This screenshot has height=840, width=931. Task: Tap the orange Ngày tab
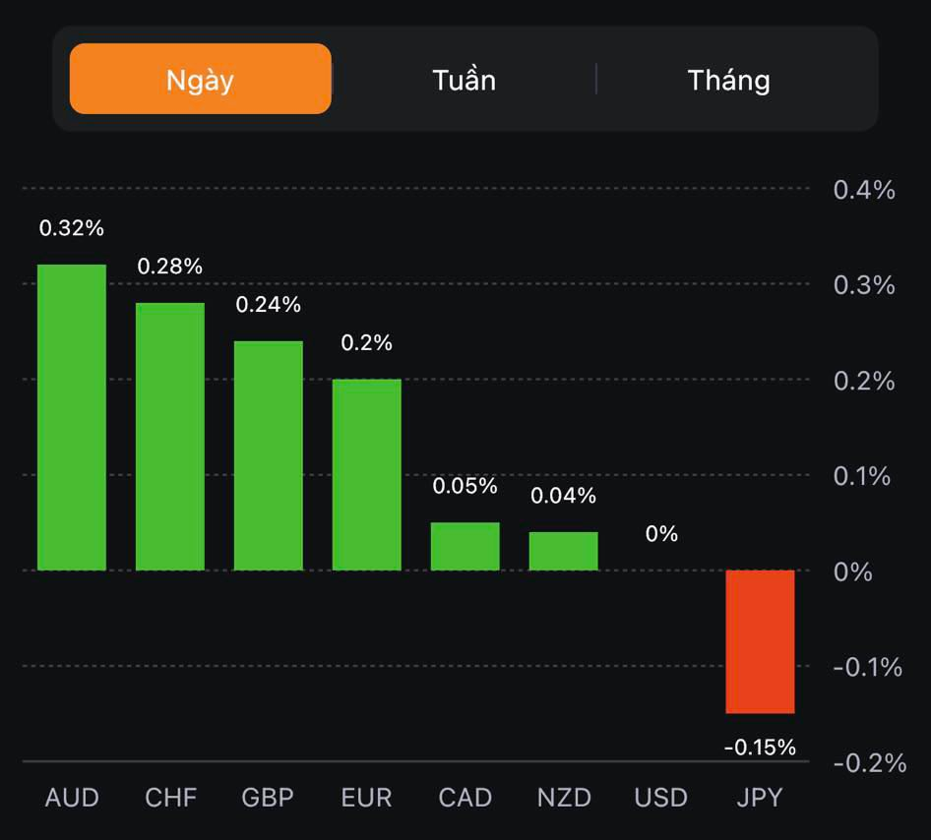200,80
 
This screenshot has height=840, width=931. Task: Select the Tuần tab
464,80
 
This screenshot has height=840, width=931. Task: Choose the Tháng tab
728,80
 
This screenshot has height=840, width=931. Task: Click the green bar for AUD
72,418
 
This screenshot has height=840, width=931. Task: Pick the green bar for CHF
170,437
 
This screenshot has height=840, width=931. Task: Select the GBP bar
268,455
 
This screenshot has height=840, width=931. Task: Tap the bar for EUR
366,475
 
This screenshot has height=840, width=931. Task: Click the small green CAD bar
465,546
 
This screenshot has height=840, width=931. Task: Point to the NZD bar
563,551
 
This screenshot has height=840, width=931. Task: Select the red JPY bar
760,641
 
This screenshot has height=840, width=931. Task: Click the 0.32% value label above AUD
71,228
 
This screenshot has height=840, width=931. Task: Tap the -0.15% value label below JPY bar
760,748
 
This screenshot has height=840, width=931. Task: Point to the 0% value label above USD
661,534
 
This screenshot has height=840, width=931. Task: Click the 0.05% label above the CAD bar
465,486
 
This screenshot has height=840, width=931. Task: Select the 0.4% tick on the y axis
864,190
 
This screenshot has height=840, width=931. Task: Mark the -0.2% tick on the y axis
869,762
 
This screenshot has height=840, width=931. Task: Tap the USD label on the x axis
661,797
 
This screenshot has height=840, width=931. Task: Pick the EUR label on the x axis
366,797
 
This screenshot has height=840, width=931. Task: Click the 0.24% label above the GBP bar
268,305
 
